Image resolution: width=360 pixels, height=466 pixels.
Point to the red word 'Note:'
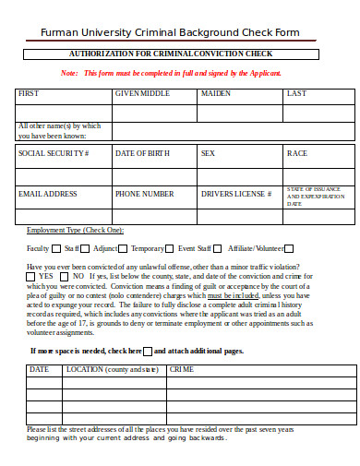[x=69, y=73]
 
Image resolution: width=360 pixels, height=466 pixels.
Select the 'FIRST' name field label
[x=29, y=93]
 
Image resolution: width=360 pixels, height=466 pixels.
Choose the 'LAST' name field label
[x=296, y=93]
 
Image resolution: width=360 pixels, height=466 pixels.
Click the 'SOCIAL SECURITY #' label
[x=54, y=153]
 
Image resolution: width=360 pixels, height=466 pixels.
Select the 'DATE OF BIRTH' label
[x=143, y=153]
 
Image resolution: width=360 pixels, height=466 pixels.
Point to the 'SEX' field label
[x=208, y=153]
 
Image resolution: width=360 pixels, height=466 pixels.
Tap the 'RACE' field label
[x=296, y=153]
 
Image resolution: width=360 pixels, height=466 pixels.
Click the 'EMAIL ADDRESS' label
[x=47, y=194]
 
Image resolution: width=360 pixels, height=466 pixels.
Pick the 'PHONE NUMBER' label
[x=144, y=194]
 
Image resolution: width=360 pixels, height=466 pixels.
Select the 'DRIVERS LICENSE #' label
[x=235, y=194]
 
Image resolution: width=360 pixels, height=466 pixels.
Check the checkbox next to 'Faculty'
[x=56, y=248]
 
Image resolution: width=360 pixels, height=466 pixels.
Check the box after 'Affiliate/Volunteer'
[x=293, y=248]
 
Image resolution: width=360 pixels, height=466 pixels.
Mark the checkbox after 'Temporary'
[x=171, y=248]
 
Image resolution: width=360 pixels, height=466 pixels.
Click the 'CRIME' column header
[x=181, y=343]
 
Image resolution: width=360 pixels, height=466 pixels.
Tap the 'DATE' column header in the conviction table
[x=39, y=343]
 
